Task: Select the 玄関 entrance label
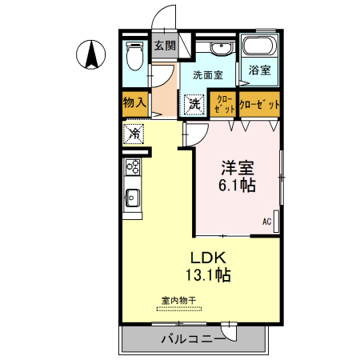tap(165, 45)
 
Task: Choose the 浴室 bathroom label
tap(259, 70)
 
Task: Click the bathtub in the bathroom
tap(259, 47)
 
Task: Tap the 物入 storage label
tap(134, 102)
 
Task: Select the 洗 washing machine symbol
tap(194, 103)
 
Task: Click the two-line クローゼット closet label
tap(223, 103)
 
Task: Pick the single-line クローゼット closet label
tap(261, 104)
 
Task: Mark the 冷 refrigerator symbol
tap(134, 133)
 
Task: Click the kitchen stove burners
tap(132, 167)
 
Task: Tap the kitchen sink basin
tap(132, 197)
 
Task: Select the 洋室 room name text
tap(238, 169)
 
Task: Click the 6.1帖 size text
tap(238, 186)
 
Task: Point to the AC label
tap(266, 222)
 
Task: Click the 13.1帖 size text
tap(210, 275)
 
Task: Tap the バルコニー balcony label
tap(193, 338)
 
